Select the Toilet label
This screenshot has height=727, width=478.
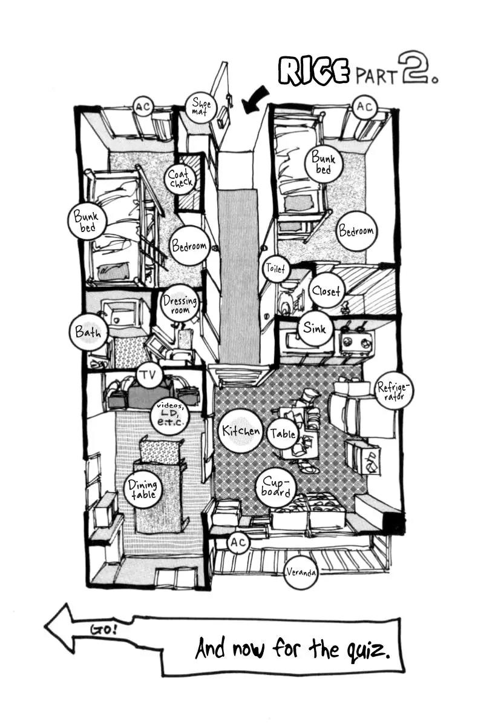[x=275, y=268]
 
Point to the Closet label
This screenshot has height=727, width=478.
[x=326, y=290]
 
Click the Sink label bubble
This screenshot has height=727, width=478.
[x=315, y=328]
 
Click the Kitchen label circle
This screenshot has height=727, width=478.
[x=240, y=431]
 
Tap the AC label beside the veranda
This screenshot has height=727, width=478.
[x=238, y=542]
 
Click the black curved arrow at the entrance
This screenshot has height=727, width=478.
[x=255, y=99]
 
